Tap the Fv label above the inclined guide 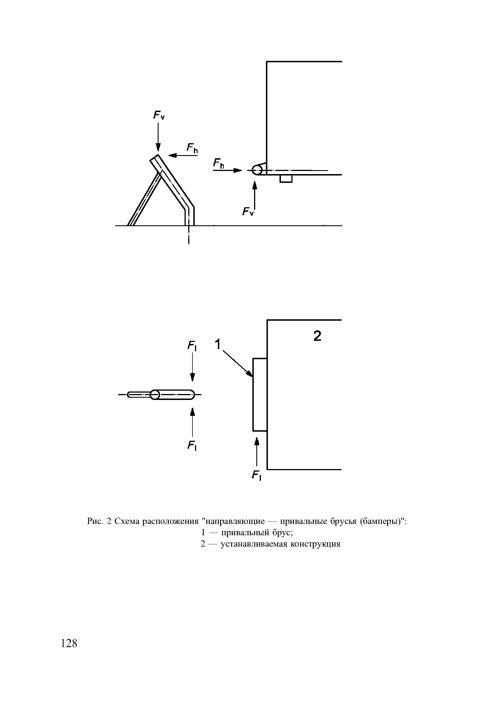[x=159, y=115]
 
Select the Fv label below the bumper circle [x=248, y=211]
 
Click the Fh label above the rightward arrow [x=219, y=164]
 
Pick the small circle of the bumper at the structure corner [x=257, y=169]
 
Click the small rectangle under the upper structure [x=286, y=179]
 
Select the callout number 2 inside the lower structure [x=318, y=336]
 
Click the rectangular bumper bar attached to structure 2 [x=260, y=394]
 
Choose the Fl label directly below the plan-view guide [x=192, y=446]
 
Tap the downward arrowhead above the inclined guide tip [x=158, y=148]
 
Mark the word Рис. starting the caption [x=95, y=521]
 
